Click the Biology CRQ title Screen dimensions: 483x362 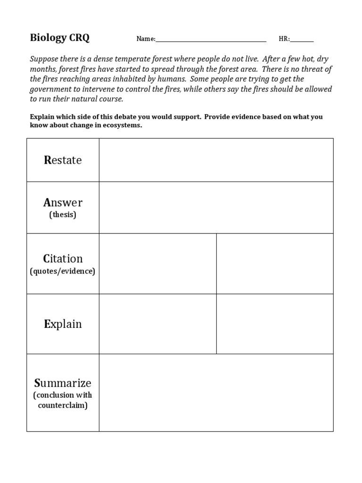(59, 38)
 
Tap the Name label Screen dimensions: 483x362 (145, 39)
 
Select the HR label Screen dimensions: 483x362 (284, 39)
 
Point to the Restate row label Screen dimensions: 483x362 (63, 160)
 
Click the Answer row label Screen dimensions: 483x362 (63, 202)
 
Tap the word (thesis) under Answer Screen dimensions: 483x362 (63, 215)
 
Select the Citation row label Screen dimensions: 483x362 (63, 258)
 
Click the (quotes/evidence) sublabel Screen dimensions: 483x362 (63, 271)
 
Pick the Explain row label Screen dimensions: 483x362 (63, 324)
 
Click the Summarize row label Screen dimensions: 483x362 (63, 383)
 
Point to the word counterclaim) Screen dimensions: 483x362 (63, 406)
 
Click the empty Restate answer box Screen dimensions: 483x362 (216, 160)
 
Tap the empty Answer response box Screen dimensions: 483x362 (216, 208)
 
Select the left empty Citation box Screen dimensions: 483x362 (157, 264)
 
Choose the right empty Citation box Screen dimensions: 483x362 (275, 264)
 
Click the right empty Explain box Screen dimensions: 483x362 (275, 324)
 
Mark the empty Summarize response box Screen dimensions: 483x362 (216, 392)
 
